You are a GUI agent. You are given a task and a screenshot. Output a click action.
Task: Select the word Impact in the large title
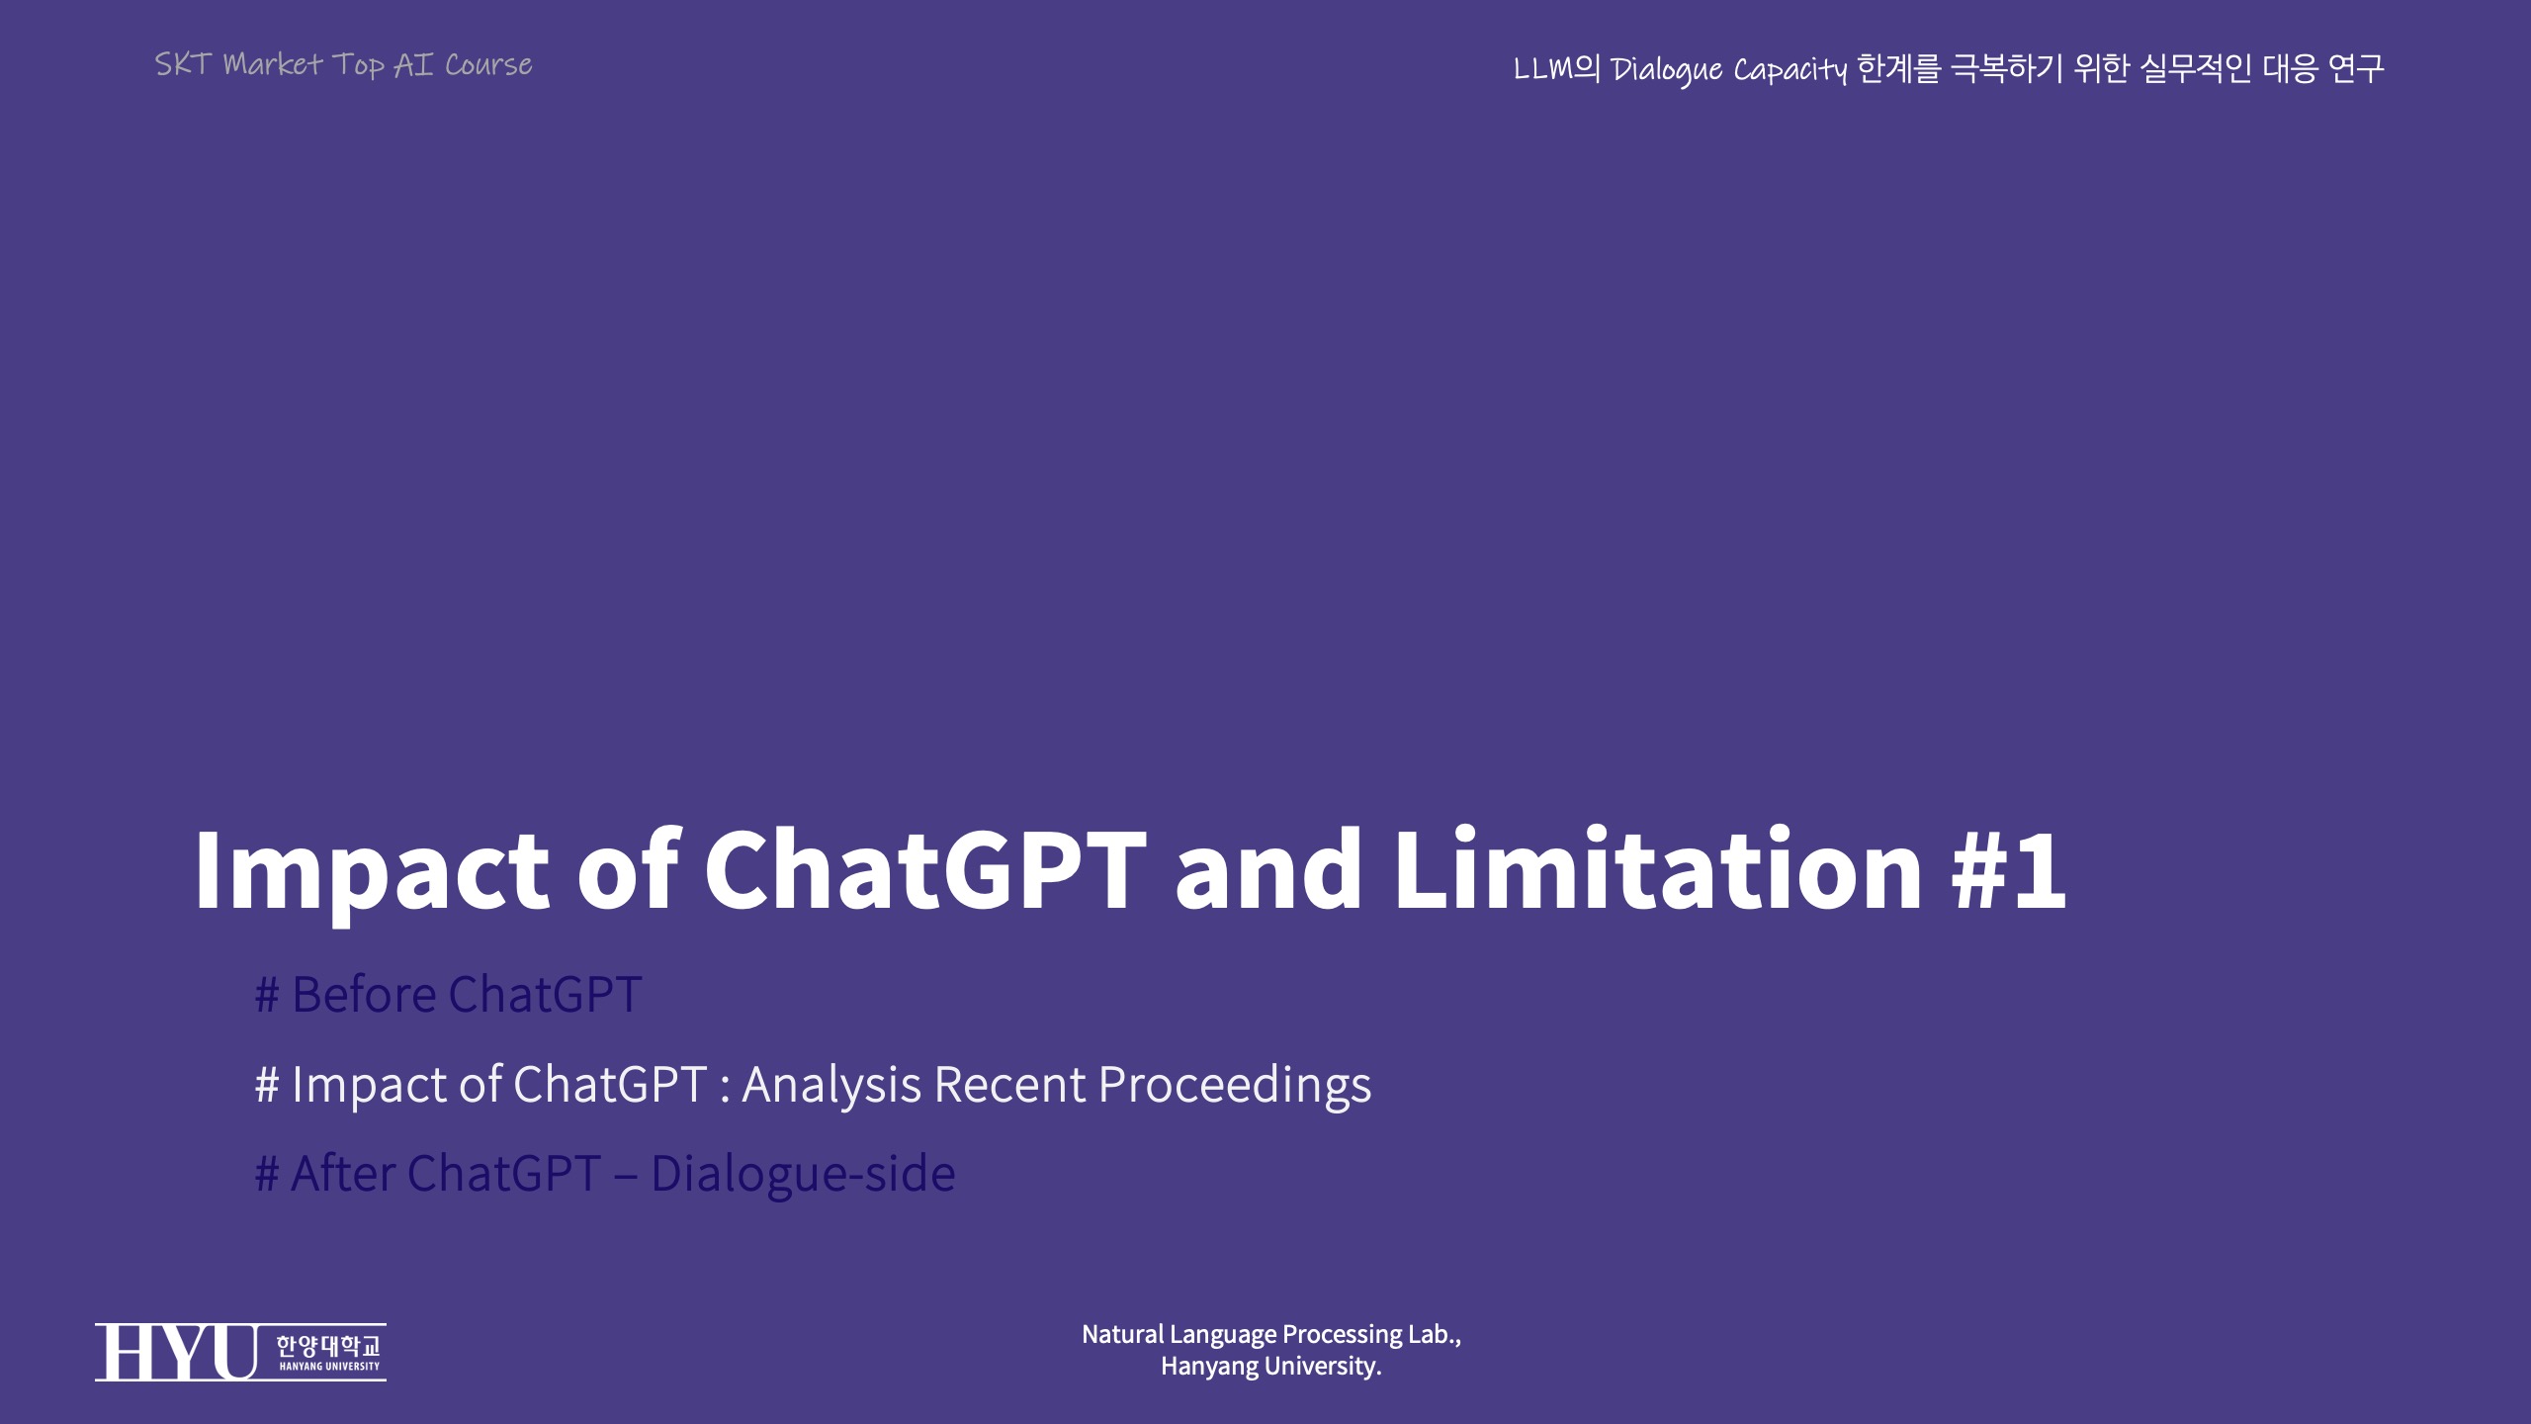(x=371, y=876)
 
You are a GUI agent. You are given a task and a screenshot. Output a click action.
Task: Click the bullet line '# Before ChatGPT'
(x=449, y=994)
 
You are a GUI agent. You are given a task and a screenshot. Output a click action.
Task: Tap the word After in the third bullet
(x=344, y=1174)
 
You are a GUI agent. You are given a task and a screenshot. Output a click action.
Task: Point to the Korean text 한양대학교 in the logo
(x=327, y=1346)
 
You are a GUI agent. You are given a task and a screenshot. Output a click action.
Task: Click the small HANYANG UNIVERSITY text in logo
(x=329, y=1367)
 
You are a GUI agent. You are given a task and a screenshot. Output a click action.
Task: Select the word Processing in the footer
(x=1344, y=1335)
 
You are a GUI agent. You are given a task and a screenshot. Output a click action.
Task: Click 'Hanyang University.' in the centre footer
(x=1271, y=1367)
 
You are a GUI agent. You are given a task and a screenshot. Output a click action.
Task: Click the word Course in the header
(x=488, y=65)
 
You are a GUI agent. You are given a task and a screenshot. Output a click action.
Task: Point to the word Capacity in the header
(x=1789, y=70)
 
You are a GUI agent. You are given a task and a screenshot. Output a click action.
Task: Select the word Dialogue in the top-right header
(x=1667, y=70)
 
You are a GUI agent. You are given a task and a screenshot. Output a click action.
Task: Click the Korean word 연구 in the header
(x=2356, y=68)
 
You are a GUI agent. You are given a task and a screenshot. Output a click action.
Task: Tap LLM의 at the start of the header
(x=1557, y=68)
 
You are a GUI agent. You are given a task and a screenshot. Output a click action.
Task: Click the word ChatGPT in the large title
(x=925, y=869)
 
